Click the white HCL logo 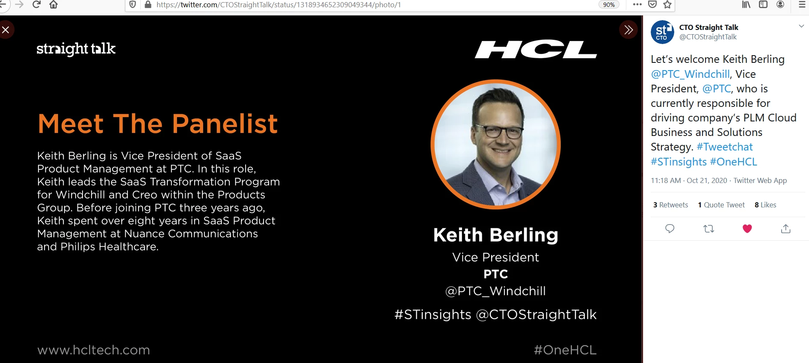536,49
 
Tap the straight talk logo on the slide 76,49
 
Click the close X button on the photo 6,30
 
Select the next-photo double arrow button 628,30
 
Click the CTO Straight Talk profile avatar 662,32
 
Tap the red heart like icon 747,229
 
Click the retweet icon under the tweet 709,229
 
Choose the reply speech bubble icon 670,229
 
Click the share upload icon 786,229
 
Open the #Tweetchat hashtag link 725,147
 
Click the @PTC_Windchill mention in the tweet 690,74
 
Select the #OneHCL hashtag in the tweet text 734,162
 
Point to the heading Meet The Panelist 158,124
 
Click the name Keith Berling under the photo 496,235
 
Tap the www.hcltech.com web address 94,350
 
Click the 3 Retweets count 670,205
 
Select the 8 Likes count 765,205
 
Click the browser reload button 36,5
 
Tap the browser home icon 53,5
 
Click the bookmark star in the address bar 667,5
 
